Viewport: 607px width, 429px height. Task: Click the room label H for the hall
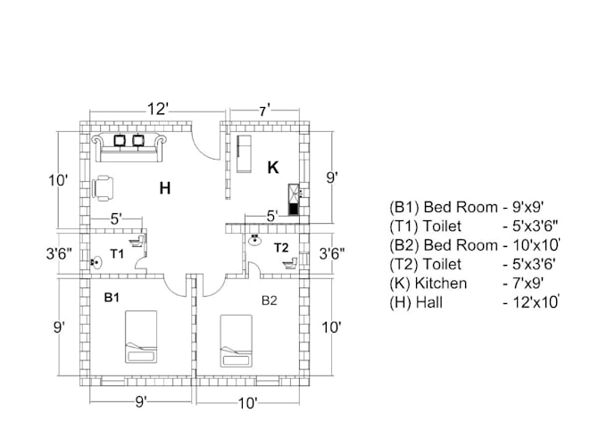click(164, 188)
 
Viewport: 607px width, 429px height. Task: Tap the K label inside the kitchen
click(273, 167)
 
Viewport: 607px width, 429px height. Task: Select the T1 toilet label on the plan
click(117, 254)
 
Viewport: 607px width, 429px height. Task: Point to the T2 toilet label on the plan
click(281, 246)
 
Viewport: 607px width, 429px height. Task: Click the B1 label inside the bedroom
click(112, 297)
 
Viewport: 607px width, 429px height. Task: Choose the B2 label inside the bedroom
click(270, 301)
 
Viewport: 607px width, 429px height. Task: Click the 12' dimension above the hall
click(157, 109)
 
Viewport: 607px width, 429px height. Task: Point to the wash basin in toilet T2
click(255, 239)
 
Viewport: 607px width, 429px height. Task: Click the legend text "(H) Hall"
click(416, 303)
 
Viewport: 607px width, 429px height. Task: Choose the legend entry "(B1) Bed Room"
click(444, 207)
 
